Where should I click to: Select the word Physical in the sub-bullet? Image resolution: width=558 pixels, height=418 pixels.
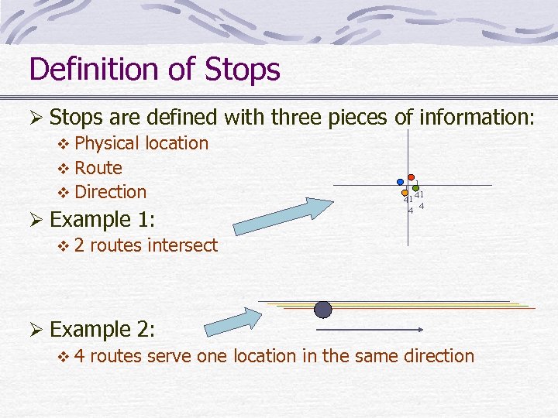pyautogui.click(x=108, y=143)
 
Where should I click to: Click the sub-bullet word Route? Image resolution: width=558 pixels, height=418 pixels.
pyautogui.click(x=98, y=167)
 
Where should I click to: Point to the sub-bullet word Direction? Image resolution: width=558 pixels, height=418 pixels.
pyautogui.click(x=111, y=191)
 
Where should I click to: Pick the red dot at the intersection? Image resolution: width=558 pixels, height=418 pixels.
pyautogui.click(x=412, y=177)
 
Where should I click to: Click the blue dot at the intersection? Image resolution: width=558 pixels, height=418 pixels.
pyautogui.click(x=400, y=183)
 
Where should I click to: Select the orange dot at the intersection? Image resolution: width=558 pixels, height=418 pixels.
pyautogui.click(x=405, y=192)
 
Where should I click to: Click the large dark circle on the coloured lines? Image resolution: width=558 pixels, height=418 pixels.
pyautogui.click(x=323, y=310)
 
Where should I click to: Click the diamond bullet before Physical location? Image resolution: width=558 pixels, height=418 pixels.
pyautogui.click(x=64, y=144)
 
